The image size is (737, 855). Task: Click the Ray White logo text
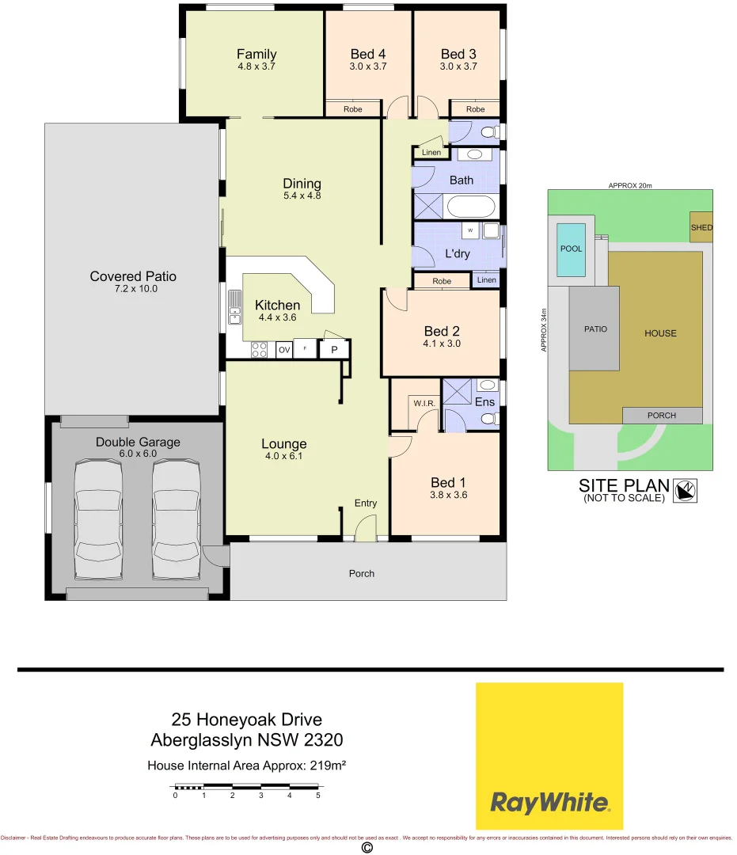549,803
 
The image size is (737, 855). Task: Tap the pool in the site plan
571,249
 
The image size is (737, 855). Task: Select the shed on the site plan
701,227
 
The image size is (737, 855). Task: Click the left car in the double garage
97,521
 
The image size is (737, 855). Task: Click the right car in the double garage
175,521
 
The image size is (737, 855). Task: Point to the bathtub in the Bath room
471,207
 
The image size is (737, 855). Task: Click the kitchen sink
235,308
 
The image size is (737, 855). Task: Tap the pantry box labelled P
334,349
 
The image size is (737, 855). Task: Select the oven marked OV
283,349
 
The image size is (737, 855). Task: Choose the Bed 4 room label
368,54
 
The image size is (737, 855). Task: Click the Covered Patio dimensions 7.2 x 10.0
133,289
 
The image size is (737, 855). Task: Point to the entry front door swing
365,528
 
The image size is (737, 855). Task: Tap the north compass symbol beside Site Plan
684,491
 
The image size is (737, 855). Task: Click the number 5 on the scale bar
318,796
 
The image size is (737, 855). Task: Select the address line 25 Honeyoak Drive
246,720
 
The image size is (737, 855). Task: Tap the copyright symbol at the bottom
367,847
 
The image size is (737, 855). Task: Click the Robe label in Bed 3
475,109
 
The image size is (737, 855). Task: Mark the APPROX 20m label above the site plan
629,185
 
